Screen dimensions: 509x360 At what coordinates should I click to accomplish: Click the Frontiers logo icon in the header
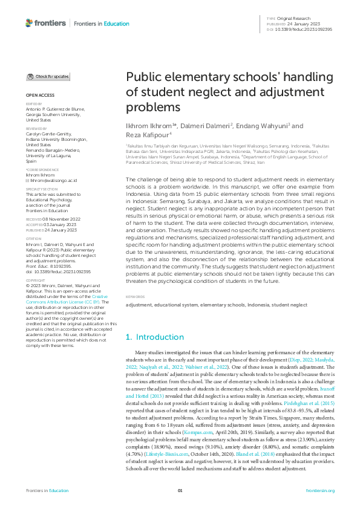click(30, 23)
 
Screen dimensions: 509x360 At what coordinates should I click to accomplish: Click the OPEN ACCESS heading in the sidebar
click(39, 96)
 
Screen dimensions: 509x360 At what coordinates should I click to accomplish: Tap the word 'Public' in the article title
click(143, 78)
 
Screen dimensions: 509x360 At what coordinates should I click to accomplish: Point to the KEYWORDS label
click(136, 297)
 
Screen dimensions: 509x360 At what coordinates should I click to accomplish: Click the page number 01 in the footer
click(179, 490)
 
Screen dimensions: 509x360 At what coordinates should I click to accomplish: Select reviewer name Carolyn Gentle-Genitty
click(48, 134)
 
